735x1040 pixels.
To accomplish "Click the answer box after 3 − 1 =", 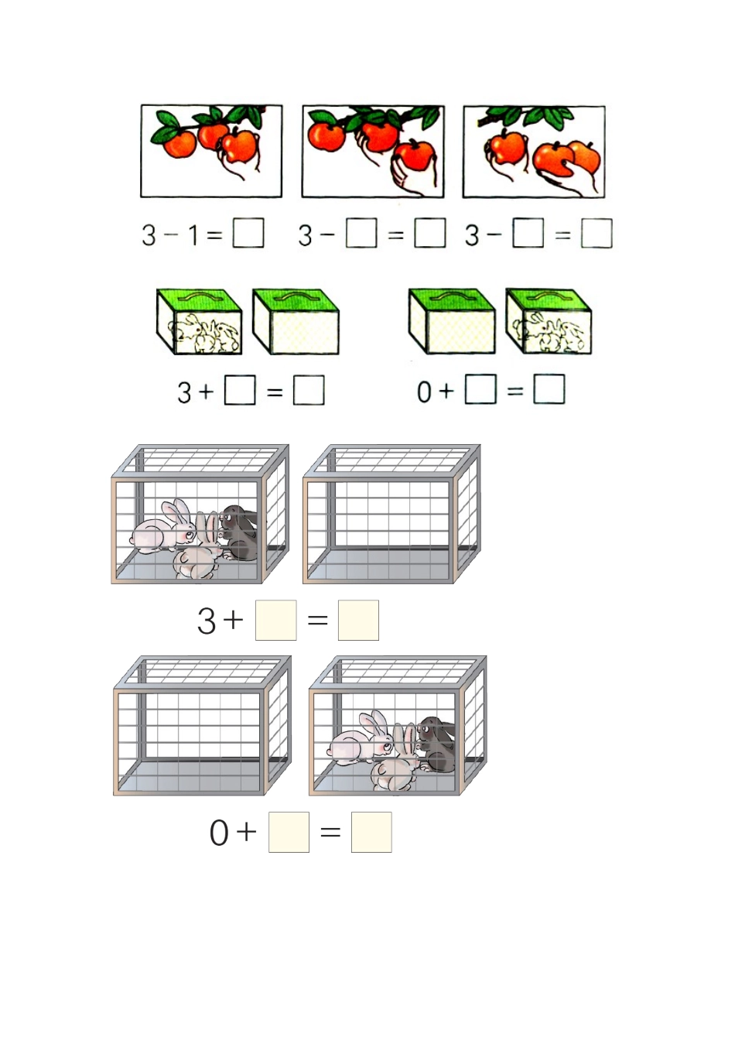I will pos(248,233).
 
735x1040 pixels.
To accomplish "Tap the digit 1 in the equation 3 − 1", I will pos(193,234).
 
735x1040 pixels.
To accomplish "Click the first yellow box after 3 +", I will pos(275,620).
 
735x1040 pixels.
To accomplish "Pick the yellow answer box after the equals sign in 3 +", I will pos(358,620).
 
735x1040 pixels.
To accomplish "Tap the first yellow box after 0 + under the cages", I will pos(289,832).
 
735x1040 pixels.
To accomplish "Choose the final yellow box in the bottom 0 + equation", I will pos(371,832).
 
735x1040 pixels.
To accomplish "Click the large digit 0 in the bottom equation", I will pos(219,833).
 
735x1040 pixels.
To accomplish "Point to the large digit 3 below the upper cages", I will pos(207,621).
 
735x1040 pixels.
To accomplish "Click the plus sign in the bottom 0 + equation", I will pos(246,832).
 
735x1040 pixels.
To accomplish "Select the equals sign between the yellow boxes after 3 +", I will pos(318,620).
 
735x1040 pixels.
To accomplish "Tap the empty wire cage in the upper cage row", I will pos(391,515).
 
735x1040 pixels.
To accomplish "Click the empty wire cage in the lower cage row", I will pos(201,726).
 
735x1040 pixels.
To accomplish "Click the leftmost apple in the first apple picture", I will pos(180,144).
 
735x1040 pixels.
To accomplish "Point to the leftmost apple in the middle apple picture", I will pos(326,136).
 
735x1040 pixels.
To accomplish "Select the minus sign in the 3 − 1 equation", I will pos(171,234).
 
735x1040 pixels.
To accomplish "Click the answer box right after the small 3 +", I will pos(240,390).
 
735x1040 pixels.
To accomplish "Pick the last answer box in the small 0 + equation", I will pos(549,389).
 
